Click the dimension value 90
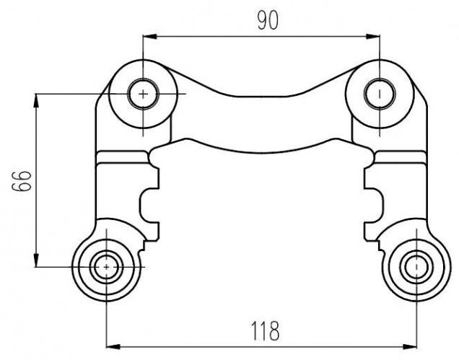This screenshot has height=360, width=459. pos(268,21)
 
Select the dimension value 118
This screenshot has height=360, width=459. pos(266,331)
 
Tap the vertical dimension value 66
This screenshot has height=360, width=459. pos(22,181)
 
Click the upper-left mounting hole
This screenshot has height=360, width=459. pos(143,94)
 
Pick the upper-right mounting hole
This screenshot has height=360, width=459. pos(380,94)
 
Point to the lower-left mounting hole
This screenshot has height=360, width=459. pos(106,267)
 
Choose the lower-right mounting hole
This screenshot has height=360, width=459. pos(416,267)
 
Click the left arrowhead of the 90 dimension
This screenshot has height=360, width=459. pos(149,37)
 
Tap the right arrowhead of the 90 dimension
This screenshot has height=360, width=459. pos(373,37)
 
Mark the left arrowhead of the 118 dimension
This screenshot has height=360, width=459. pos(113,347)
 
